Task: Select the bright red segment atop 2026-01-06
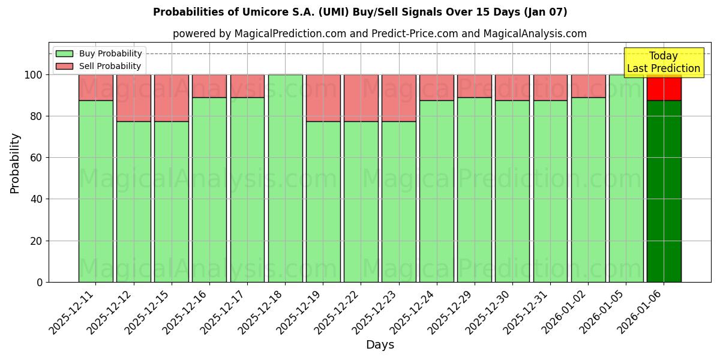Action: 664,88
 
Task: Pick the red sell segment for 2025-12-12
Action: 134,98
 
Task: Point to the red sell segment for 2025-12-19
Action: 323,98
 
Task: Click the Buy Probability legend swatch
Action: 64,54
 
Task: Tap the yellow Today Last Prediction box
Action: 663,62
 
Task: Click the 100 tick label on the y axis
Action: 33,75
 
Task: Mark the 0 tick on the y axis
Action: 40,282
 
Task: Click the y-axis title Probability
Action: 16,163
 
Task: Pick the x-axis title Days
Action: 380,345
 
